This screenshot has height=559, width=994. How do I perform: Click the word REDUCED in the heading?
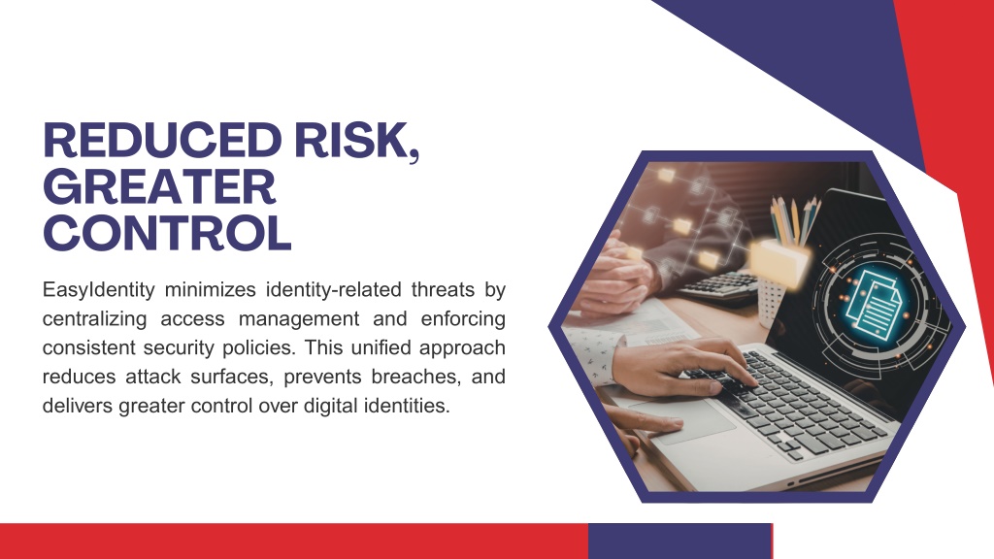(162, 140)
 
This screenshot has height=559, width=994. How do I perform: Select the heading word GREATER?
(159, 186)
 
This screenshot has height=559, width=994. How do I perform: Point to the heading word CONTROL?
(167, 233)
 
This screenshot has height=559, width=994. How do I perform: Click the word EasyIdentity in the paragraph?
(99, 290)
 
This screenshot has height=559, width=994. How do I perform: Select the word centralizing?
(94, 318)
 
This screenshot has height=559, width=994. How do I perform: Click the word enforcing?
(463, 318)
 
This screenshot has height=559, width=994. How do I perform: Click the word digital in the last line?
(330, 406)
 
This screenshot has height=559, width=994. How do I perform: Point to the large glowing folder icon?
(779, 261)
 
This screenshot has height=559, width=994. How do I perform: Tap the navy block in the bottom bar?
(679, 542)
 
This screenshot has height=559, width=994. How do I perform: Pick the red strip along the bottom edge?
(294, 542)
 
